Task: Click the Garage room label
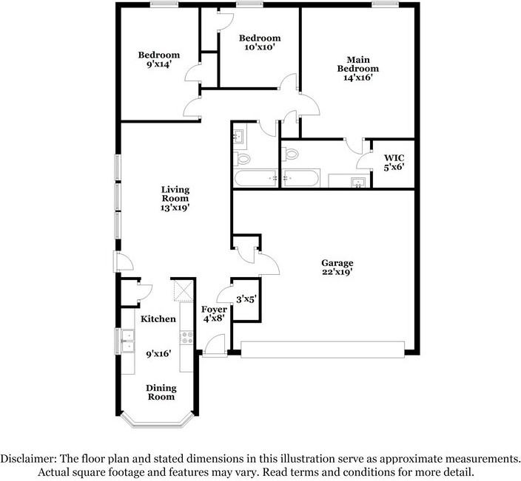tap(337, 262)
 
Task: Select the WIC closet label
tap(394, 157)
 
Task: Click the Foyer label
tap(215, 309)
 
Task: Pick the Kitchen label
tap(158, 318)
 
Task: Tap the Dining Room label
tap(160, 392)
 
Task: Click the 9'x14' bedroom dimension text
tap(159, 64)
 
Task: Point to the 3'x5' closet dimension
tap(245, 299)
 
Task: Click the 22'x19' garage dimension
tap(337, 272)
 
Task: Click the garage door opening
tap(323, 349)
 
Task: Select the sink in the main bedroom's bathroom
tap(358, 182)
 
